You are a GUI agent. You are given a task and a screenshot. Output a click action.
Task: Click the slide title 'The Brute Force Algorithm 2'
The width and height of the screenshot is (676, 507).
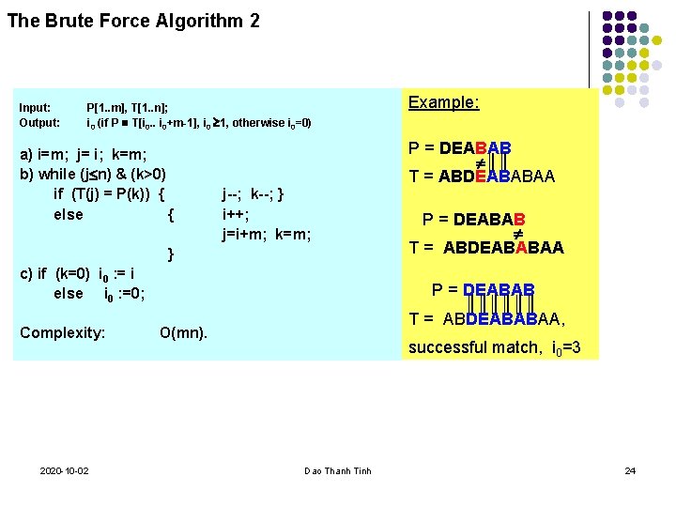[133, 20]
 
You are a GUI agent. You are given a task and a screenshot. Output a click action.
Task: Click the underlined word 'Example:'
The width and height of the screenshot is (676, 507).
[444, 102]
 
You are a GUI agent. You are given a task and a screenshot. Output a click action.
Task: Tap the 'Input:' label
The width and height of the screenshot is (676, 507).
[35, 108]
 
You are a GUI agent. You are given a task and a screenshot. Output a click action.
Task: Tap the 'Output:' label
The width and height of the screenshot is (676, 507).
[39, 123]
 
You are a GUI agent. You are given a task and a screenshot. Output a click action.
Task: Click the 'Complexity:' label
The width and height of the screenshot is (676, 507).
[63, 332]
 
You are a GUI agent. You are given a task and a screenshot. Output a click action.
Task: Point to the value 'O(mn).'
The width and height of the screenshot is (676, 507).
[184, 332]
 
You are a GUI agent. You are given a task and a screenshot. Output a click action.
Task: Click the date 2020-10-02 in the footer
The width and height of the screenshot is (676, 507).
[65, 470]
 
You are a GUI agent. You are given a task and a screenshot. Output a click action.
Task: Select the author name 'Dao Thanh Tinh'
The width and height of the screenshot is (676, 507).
[338, 470]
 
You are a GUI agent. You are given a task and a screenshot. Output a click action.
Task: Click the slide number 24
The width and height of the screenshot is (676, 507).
[630, 469]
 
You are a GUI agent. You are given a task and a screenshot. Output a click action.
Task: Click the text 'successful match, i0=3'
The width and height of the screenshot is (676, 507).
[494, 348]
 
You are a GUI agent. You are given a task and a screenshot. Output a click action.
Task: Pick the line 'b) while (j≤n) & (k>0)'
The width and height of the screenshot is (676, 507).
[93, 175]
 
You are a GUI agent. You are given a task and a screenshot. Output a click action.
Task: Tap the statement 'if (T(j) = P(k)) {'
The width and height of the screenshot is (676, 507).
[110, 194]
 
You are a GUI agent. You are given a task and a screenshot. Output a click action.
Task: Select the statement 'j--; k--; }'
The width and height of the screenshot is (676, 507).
[253, 194]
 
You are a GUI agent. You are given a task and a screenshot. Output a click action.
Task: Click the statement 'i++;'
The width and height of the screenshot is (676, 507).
[236, 214]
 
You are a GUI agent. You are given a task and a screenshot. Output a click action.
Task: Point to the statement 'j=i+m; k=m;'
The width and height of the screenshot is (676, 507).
[267, 234]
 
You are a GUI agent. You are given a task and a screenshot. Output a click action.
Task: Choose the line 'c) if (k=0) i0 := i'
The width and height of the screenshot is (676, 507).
[77, 274]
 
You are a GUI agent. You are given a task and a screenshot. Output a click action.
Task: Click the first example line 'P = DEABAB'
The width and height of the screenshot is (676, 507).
[460, 148]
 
